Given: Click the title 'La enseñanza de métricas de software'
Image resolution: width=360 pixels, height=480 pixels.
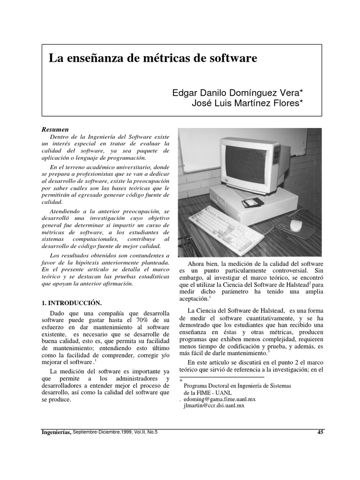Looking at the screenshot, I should pos(153,59).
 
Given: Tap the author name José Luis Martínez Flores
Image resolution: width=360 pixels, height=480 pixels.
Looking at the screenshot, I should pos(247,103).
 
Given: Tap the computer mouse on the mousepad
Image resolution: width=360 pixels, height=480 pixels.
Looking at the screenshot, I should pos(296,225).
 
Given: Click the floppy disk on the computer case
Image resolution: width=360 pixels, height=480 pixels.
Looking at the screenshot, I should pos(251,203).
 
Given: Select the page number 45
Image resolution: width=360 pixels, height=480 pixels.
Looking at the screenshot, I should pos(320,432).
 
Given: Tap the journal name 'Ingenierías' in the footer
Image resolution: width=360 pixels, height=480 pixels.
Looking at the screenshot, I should pos(57,432).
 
